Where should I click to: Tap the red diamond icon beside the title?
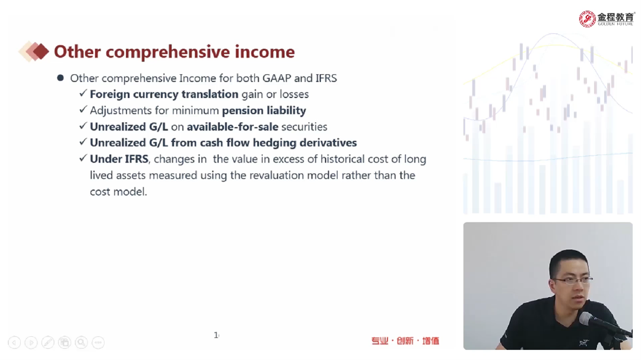click(40, 52)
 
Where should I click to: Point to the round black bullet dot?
click(61, 78)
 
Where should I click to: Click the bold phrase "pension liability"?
click(264, 111)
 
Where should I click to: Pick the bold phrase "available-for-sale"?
click(233, 127)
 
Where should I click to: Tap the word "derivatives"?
click(328, 142)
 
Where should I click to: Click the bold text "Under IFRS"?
click(119, 159)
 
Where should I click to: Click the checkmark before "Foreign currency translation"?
click(83, 94)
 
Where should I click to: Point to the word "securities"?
click(304, 127)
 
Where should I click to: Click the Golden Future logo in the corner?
click(607, 19)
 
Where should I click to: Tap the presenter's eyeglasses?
click(572, 281)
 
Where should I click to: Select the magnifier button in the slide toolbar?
click(81, 342)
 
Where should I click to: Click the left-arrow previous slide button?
click(14, 342)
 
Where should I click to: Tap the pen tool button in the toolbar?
click(48, 342)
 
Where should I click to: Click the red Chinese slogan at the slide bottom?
click(405, 341)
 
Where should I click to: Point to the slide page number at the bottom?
click(216, 336)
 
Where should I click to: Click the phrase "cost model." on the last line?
click(118, 192)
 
